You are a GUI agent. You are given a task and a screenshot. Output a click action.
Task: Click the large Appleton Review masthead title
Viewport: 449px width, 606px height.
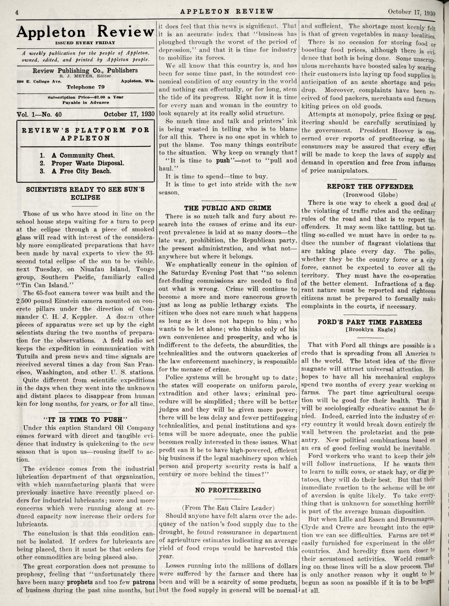[85, 32]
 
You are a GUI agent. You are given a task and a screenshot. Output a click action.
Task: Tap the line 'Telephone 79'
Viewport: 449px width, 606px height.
[85, 87]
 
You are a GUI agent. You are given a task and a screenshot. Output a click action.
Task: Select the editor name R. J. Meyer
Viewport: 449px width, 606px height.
[85, 76]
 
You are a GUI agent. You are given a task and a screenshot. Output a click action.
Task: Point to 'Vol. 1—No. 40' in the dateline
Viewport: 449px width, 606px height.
[39, 114]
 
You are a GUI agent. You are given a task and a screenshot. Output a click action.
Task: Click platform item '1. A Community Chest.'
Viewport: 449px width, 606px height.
[77, 156]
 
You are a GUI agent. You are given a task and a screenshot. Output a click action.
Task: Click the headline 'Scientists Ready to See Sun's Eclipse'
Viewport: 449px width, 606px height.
[85, 193]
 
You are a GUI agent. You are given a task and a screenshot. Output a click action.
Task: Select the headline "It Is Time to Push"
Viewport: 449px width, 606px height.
[85, 420]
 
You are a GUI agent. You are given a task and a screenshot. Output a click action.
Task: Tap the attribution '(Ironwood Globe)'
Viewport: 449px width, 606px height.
[370, 195]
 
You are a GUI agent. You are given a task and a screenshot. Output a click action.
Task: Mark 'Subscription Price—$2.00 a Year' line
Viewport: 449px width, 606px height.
[85, 97]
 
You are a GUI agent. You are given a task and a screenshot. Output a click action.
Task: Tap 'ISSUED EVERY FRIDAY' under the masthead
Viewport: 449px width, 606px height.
[85, 43]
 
